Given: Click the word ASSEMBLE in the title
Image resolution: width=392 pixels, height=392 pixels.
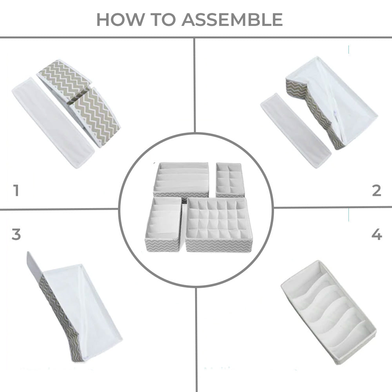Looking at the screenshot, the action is [x=232, y=19].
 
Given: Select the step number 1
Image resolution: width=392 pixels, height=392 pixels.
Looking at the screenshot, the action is [x=16, y=191].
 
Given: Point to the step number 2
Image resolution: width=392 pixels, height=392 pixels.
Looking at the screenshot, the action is [x=376, y=191].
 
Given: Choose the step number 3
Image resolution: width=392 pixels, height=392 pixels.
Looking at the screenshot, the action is [x=16, y=234].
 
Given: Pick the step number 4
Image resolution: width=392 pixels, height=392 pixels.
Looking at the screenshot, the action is [x=377, y=234].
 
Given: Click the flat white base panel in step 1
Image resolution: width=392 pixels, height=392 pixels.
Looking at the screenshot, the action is [x=53, y=122].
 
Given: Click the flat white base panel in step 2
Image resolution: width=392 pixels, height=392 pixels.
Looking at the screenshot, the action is [x=296, y=131].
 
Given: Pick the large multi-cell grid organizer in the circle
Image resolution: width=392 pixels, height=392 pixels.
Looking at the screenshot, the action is [x=219, y=224].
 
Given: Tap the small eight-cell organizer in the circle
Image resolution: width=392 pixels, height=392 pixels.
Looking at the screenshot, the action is [x=230, y=180].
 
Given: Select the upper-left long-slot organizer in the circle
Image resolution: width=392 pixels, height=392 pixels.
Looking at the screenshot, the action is [x=181, y=180].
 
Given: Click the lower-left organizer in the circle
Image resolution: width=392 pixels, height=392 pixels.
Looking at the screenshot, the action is [x=163, y=224].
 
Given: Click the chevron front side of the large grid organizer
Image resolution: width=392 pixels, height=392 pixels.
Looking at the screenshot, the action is [x=219, y=246].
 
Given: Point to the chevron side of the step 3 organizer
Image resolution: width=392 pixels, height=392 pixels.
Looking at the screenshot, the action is [x=60, y=318].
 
